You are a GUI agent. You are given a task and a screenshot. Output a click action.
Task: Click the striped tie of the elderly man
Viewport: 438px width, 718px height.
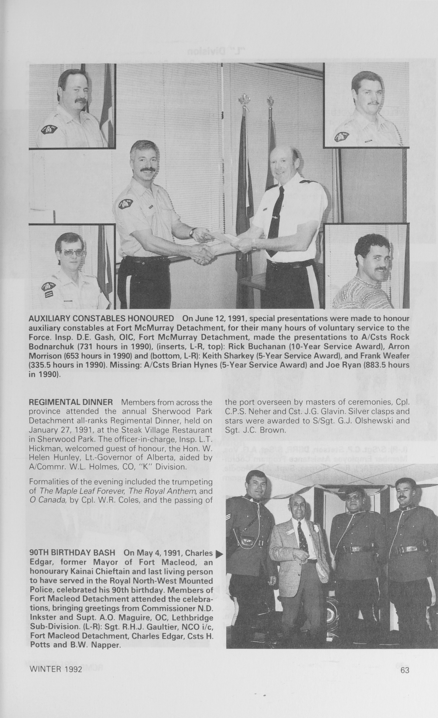point(303,536)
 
